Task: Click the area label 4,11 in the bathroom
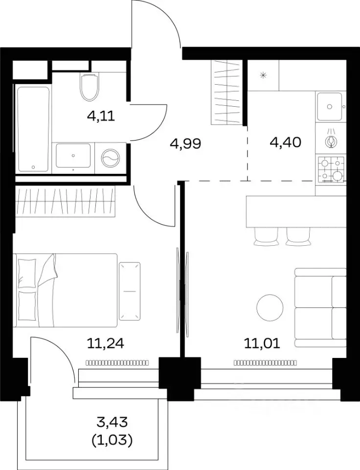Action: coord(101,116)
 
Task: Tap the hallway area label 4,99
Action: coord(185,144)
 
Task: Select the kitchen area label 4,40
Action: coord(286,142)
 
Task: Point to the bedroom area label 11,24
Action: coord(106,343)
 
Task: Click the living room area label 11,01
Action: coord(262,343)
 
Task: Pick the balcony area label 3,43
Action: coord(112,422)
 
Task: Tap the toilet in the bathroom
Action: coord(89,87)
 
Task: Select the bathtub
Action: coord(33,129)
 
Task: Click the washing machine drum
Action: coord(110,158)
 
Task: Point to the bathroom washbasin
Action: coord(73,156)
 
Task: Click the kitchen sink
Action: coord(330,106)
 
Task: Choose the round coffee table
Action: coord(270,308)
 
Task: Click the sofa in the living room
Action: coord(320,307)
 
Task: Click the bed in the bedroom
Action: coord(65,290)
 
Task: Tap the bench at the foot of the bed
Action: coord(130,291)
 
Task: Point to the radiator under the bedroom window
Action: coord(117,363)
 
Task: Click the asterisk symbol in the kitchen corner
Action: coord(263,75)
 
